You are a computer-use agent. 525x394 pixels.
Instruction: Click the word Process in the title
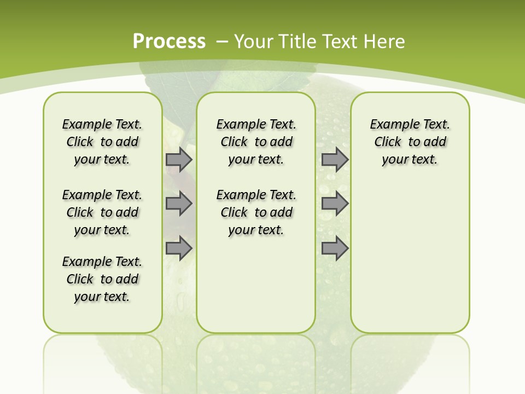coord(169,41)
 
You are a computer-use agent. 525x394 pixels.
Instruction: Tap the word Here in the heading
coord(384,42)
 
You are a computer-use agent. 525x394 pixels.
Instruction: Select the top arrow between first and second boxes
coord(179,159)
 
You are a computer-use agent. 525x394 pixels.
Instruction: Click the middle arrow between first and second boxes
coord(179,204)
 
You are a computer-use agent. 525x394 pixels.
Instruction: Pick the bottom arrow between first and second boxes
coord(179,248)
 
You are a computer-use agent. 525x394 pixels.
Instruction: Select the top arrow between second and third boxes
coord(335,159)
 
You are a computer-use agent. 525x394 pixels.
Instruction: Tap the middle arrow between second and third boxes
coord(335,204)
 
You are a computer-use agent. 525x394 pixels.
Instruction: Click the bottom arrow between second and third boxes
coord(335,248)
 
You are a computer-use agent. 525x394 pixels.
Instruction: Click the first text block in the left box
coord(102,142)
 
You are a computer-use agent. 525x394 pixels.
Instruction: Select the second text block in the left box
coord(102,212)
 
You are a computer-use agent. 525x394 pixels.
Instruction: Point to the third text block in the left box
coord(102,279)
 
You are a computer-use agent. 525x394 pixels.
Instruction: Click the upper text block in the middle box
coord(256,142)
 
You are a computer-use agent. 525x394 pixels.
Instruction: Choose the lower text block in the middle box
coord(256,212)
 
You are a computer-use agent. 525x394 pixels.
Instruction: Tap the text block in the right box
coord(410,142)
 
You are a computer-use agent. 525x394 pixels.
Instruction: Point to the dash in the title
coord(222,42)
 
